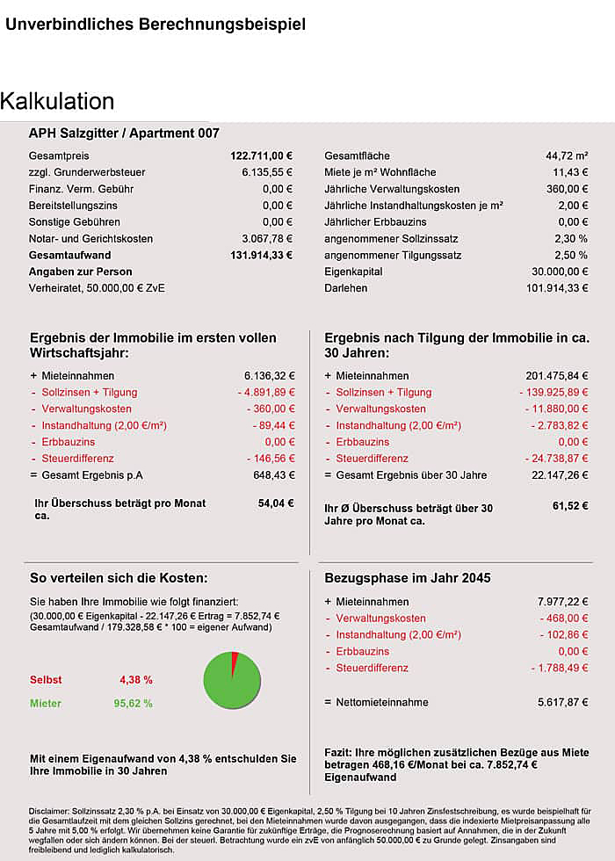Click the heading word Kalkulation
(58, 101)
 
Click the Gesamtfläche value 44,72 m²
(567, 156)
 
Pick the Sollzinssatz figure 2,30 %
(570, 239)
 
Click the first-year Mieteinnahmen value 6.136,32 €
(269, 376)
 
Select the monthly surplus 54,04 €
(276, 504)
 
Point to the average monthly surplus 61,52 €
(570, 507)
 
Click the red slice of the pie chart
(235, 662)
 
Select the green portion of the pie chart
(231, 685)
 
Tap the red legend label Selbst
(46, 680)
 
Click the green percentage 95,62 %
(135, 704)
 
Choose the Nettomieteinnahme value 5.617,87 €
(563, 703)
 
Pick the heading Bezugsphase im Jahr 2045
(408, 578)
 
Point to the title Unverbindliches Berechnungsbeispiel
(156, 25)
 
